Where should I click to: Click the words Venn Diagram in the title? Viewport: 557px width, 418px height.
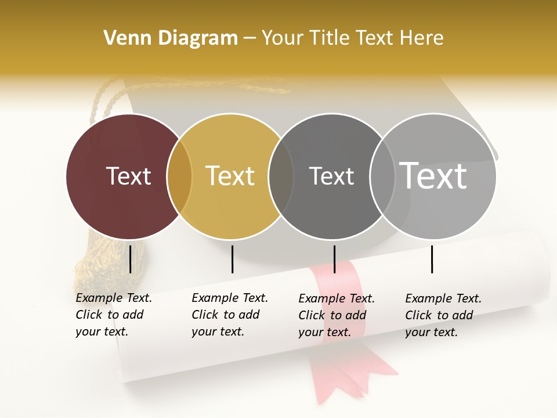tap(171, 38)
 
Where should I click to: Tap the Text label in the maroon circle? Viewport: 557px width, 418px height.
tap(128, 176)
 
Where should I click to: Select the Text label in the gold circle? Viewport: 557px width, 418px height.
tap(230, 176)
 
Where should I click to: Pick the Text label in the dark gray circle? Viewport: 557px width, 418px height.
tap(331, 176)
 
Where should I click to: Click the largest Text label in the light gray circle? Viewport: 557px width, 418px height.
tap(433, 175)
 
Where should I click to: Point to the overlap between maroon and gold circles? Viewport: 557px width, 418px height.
tap(179, 176)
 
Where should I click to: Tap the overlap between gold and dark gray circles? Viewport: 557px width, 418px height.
tap(281, 176)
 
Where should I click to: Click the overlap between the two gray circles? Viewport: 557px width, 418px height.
tap(382, 176)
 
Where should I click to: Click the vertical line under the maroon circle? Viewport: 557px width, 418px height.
tap(130, 259)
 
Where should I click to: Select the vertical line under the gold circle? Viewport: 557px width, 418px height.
tap(232, 259)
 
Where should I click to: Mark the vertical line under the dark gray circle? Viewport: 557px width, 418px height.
tap(334, 259)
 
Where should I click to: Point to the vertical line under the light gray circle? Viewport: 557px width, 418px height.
tap(432, 259)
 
